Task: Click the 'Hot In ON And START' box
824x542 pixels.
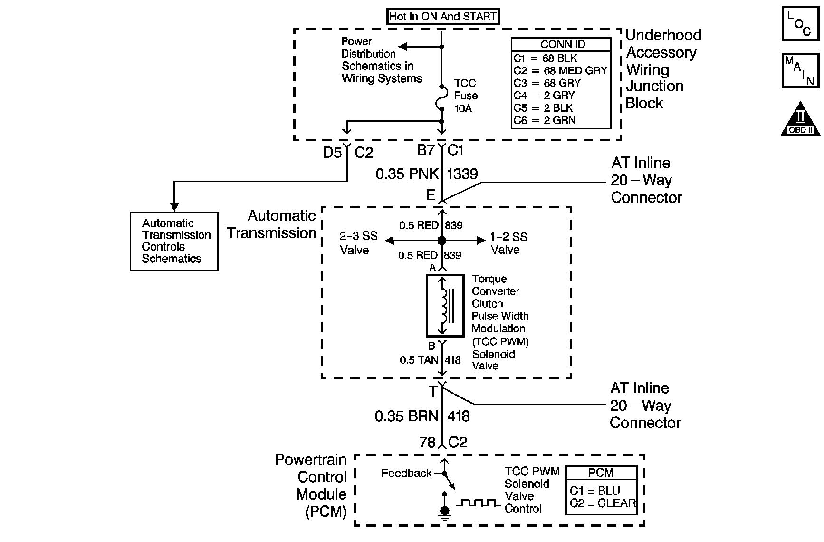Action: (x=442, y=17)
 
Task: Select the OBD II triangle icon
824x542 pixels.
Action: (x=801, y=119)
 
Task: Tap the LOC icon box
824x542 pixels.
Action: (x=800, y=24)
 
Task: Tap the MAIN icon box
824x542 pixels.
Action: (x=800, y=71)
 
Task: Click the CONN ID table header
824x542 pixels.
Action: (x=561, y=45)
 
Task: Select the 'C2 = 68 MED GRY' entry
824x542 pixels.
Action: (x=560, y=70)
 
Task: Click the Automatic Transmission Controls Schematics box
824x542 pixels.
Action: (x=174, y=242)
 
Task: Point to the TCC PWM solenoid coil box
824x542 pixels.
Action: (x=445, y=306)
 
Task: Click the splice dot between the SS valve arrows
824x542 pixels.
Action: (x=442, y=241)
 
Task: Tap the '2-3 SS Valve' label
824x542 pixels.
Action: (x=358, y=243)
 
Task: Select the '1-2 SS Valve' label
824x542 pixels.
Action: (x=508, y=243)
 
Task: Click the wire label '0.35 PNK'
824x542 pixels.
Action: (x=407, y=174)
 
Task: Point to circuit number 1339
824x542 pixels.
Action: (x=462, y=174)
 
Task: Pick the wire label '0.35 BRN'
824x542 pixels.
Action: (x=406, y=416)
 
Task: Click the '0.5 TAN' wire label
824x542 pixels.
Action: (x=419, y=360)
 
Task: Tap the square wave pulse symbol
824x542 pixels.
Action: (x=478, y=503)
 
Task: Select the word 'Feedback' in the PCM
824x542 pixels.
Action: (x=406, y=473)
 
